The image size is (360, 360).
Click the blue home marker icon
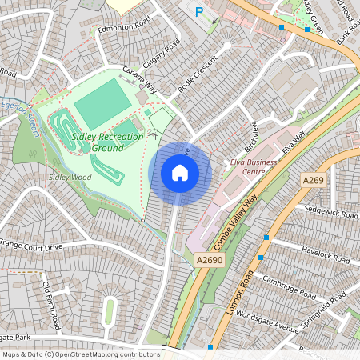point(180,172)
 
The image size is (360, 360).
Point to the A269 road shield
point(314,181)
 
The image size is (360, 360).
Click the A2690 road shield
point(207,260)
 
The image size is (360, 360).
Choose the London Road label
point(241,292)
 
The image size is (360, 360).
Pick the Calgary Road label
point(162,56)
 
